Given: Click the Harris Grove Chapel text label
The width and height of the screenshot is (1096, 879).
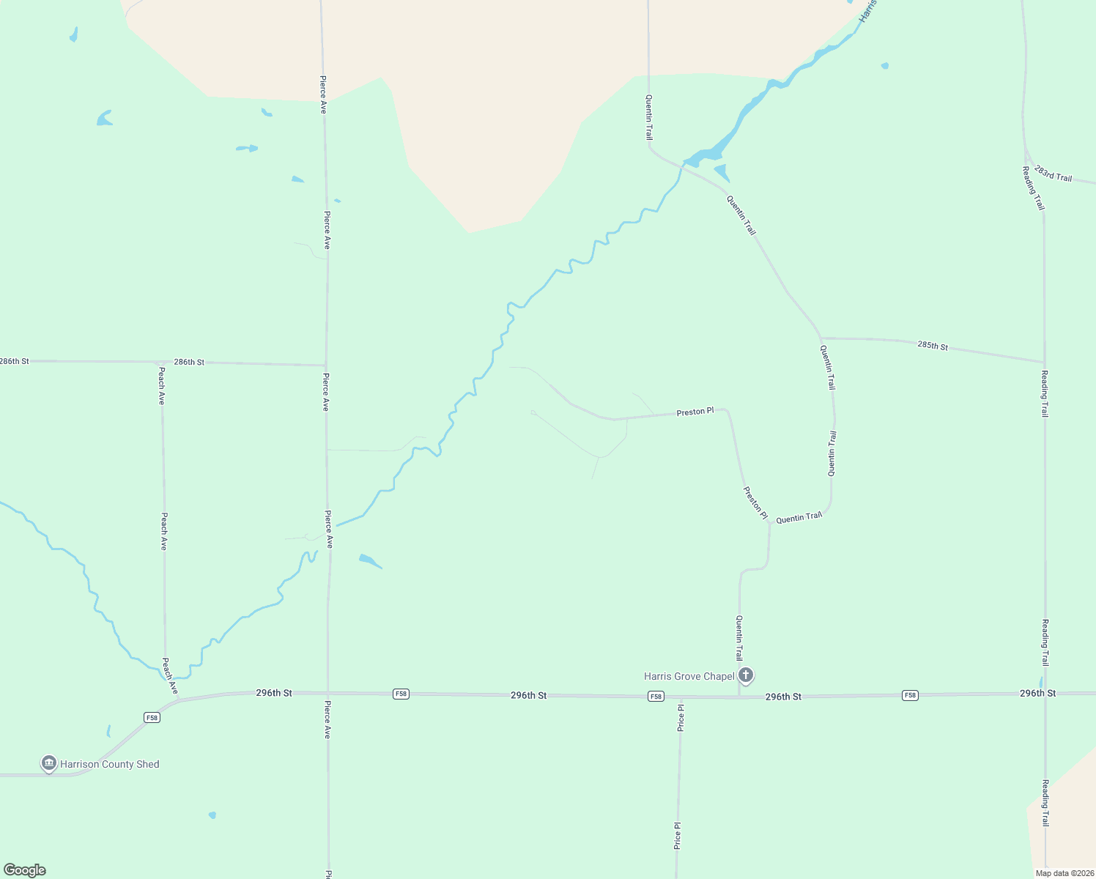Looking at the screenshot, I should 689,676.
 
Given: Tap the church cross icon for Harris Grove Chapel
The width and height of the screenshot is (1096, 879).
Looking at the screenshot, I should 746,675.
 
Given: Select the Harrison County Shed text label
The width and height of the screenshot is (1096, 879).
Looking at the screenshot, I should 109,764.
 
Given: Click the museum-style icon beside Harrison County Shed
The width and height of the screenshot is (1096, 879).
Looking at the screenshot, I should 49,763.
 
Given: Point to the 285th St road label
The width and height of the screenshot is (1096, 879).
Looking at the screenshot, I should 932,345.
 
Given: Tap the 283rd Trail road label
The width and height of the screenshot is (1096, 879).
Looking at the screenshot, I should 1053,174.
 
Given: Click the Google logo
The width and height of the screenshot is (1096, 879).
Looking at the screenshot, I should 24,870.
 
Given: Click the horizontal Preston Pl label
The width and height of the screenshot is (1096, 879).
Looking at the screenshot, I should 695,412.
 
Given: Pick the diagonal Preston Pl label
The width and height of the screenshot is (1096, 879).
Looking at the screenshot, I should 755,503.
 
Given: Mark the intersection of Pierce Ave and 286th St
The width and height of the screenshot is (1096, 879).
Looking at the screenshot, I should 326,365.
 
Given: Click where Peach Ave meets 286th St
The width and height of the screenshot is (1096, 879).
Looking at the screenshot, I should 161,362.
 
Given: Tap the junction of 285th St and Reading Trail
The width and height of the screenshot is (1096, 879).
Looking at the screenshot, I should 1044,362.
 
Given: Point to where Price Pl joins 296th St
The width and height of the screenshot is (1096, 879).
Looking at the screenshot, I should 681,697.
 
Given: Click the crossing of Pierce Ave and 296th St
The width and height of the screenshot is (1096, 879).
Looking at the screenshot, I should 327,692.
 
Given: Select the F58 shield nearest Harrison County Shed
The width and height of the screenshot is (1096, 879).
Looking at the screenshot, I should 152,718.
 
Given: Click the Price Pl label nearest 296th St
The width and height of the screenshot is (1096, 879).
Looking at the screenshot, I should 681,718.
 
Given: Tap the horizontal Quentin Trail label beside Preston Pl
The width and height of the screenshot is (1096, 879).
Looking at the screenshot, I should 799,517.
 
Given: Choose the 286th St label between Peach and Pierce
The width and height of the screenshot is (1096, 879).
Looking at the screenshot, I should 189,362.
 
